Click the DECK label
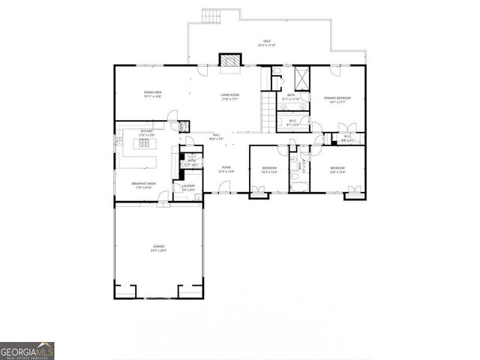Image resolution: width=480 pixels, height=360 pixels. [267, 41]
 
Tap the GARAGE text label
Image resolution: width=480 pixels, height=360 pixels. [159, 246]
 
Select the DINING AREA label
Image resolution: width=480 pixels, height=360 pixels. [153, 94]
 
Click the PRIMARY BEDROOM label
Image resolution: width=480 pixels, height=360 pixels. [337, 98]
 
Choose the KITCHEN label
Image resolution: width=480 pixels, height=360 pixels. [147, 131]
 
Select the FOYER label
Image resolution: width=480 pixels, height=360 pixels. [226, 167]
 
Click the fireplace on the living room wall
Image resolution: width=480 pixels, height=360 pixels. [227, 60]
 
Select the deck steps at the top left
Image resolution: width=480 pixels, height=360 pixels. [212, 15]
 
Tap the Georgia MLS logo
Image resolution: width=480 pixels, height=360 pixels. [27, 351]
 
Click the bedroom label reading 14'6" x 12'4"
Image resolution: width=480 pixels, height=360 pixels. [337, 169]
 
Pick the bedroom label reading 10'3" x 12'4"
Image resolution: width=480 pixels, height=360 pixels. [269, 169]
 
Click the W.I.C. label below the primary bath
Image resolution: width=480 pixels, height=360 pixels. [292, 122]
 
